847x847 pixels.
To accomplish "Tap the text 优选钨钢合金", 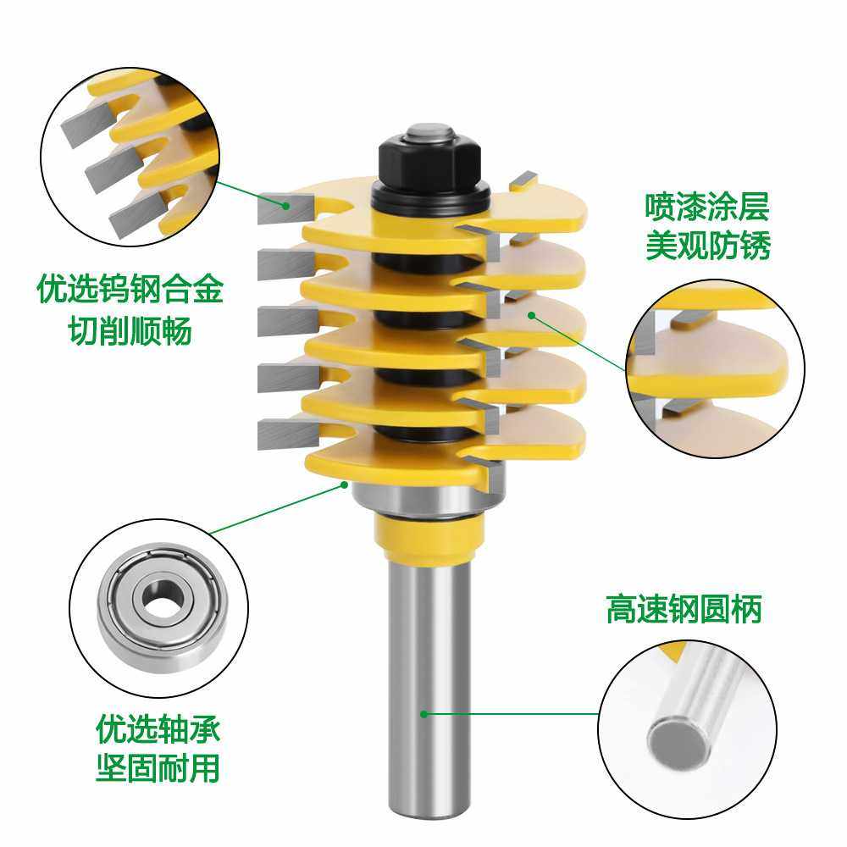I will pyautogui.click(x=130, y=291).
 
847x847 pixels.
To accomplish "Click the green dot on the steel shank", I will pyautogui.click(x=423, y=714).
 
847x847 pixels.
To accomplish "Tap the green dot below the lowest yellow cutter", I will pyautogui.click(x=344, y=484).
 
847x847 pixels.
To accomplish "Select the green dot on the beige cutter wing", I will pyautogui.click(x=531, y=315).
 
